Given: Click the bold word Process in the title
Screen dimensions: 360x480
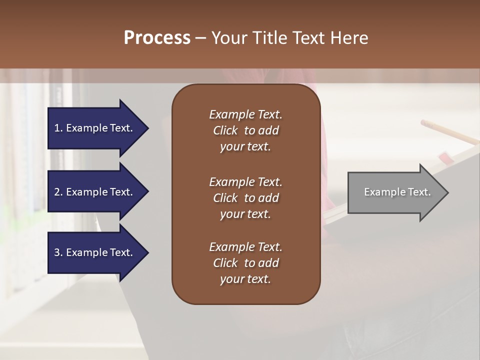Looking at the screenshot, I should click(x=157, y=38).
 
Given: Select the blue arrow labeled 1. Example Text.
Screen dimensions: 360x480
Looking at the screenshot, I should click(x=95, y=128).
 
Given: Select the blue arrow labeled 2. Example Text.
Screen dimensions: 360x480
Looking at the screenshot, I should click(x=95, y=192).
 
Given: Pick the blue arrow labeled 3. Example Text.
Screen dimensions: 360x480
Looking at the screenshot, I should click(x=95, y=252).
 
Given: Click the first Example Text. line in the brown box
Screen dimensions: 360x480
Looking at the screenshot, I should click(x=245, y=114).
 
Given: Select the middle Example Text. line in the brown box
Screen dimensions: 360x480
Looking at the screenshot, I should click(x=245, y=181).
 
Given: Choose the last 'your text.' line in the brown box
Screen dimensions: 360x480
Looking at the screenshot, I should click(x=245, y=279).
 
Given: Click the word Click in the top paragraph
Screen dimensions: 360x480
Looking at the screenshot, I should click(x=225, y=130).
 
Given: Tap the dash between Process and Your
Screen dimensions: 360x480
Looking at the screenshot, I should click(x=200, y=38).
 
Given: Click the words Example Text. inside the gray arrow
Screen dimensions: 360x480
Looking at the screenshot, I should click(x=397, y=192).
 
